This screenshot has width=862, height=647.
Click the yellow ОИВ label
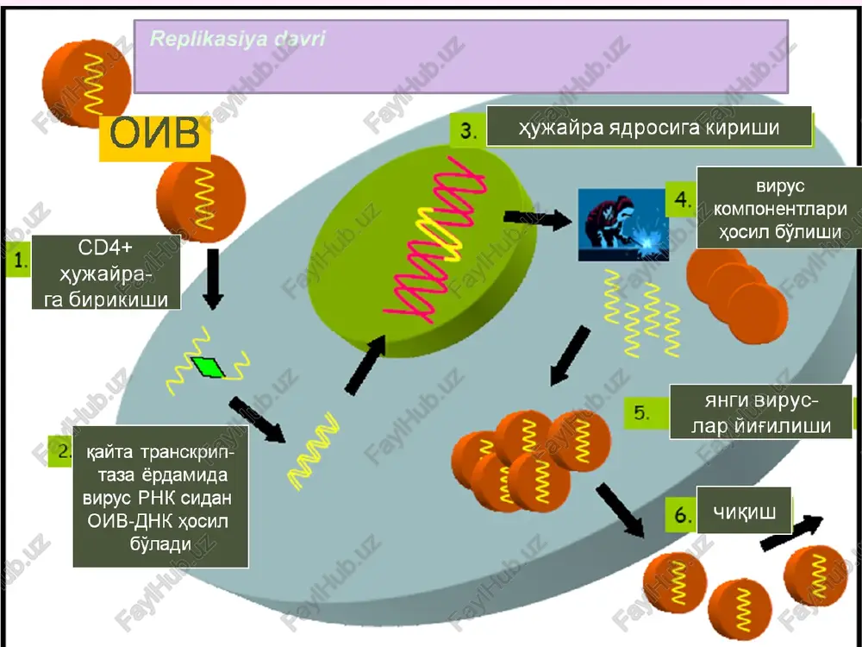coord(154,135)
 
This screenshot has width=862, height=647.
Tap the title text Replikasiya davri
coord(238,39)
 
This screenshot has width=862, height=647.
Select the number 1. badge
coord(19,259)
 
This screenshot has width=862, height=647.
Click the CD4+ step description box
coord(106,273)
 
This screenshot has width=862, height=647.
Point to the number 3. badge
coord(468,130)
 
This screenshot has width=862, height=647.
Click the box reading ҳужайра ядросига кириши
coord(649,127)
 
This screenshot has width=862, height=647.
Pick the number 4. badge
coord(682,199)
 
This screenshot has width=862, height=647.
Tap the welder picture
coord(623,224)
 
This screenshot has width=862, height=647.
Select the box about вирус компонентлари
coord(779,209)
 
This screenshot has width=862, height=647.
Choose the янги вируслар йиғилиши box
coord(761,412)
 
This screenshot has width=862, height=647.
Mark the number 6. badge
coord(681,515)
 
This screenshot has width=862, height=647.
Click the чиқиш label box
coord(744,511)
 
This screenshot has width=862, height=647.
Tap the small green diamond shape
coord(208,367)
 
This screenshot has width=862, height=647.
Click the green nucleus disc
coord(422,252)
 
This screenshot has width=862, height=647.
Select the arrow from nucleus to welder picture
coord(537,218)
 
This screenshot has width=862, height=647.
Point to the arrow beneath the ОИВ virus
coord(213,279)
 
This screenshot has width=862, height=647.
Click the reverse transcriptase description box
coord(160,497)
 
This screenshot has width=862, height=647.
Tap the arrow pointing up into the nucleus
coord(365,365)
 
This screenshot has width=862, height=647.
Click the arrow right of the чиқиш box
coord(791,532)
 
